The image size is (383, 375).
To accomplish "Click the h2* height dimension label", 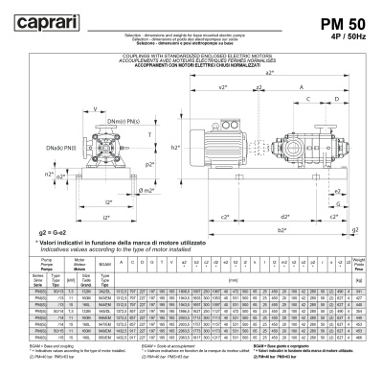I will click(x=176, y=150).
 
